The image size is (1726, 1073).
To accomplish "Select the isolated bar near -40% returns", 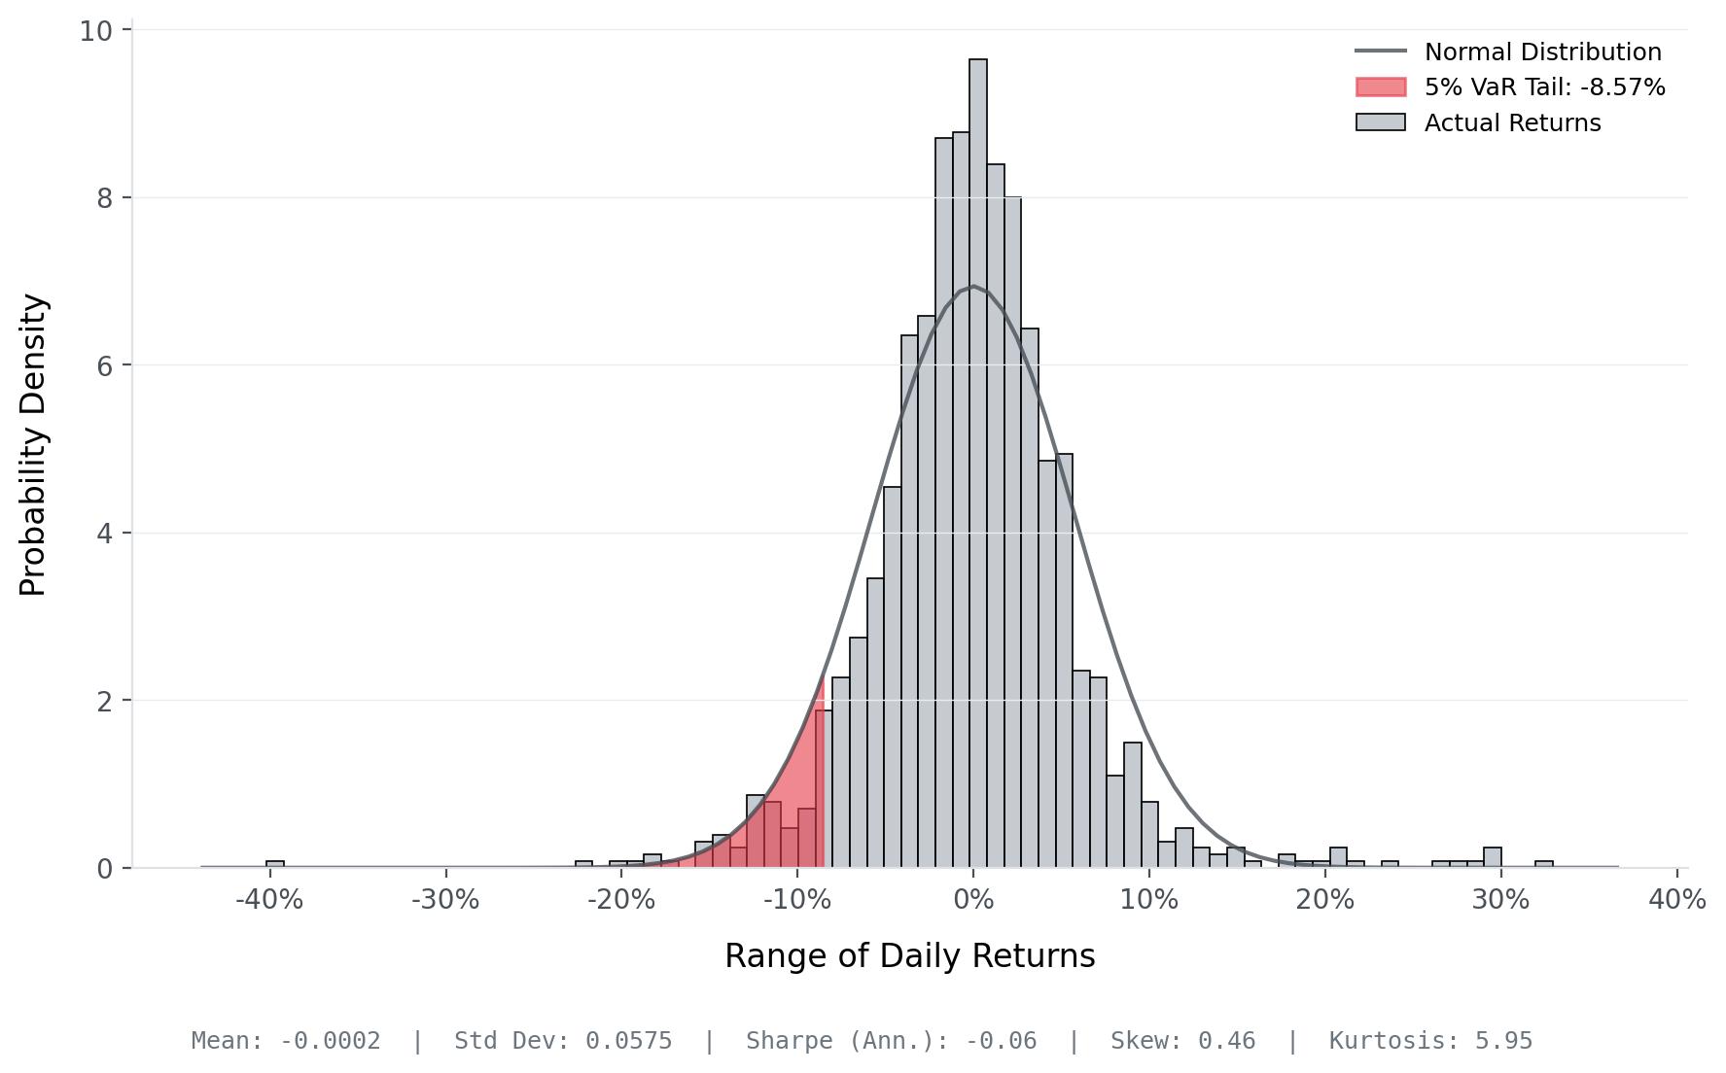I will pyautogui.click(x=275, y=864).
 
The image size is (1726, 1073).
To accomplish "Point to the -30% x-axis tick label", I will pyautogui.click(x=445, y=900).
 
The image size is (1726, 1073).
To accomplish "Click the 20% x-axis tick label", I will pyautogui.click(x=1324, y=900).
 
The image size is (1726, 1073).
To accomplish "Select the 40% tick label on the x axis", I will pyautogui.click(x=1676, y=900).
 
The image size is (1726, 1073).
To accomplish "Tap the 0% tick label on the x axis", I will pyautogui.click(x=972, y=900).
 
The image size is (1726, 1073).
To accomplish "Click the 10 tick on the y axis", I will pyautogui.click(x=95, y=31).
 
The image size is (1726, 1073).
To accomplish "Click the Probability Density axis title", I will pyautogui.click(x=33, y=445).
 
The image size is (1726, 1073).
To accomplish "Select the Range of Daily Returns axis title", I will pyautogui.click(x=909, y=956).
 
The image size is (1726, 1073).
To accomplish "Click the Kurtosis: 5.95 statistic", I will pyautogui.click(x=1430, y=1041).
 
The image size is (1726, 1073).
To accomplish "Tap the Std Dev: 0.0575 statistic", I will pyautogui.click(x=563, y=1041).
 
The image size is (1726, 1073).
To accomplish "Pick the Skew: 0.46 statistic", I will pyautogui.click(x=1182, y=1041).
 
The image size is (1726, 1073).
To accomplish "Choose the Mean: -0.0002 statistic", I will pyautogui.click(x=286, y=1041).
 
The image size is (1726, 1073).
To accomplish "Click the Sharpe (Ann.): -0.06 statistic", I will pyautogui.click(x=891, y=1041).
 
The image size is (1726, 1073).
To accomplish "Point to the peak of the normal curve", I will pyautogui.click(x=972, y=286).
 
